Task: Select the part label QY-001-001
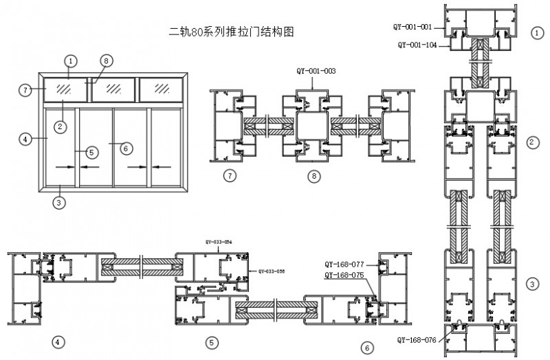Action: [412, 27]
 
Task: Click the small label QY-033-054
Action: [219, 242]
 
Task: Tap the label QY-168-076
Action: [418, 339]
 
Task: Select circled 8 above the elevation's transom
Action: [104, 61]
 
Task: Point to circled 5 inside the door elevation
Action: [92, 153]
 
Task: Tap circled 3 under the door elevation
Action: [60, 202]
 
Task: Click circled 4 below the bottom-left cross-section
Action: [59, 341]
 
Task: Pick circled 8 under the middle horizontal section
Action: [314, 177]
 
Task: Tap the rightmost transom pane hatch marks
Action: [162, 88]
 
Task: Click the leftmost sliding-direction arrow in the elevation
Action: [64, 166]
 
